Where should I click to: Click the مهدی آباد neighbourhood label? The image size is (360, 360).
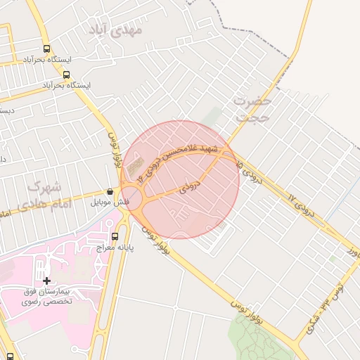click(117, 30)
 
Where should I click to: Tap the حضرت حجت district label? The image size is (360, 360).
click(252, 109)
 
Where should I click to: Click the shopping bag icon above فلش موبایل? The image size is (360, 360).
click(109, 191)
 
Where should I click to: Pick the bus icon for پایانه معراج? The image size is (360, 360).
click(115, 236)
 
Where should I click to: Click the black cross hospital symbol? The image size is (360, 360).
click(46, 281)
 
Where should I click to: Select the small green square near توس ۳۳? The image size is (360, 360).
click(331, 258)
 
